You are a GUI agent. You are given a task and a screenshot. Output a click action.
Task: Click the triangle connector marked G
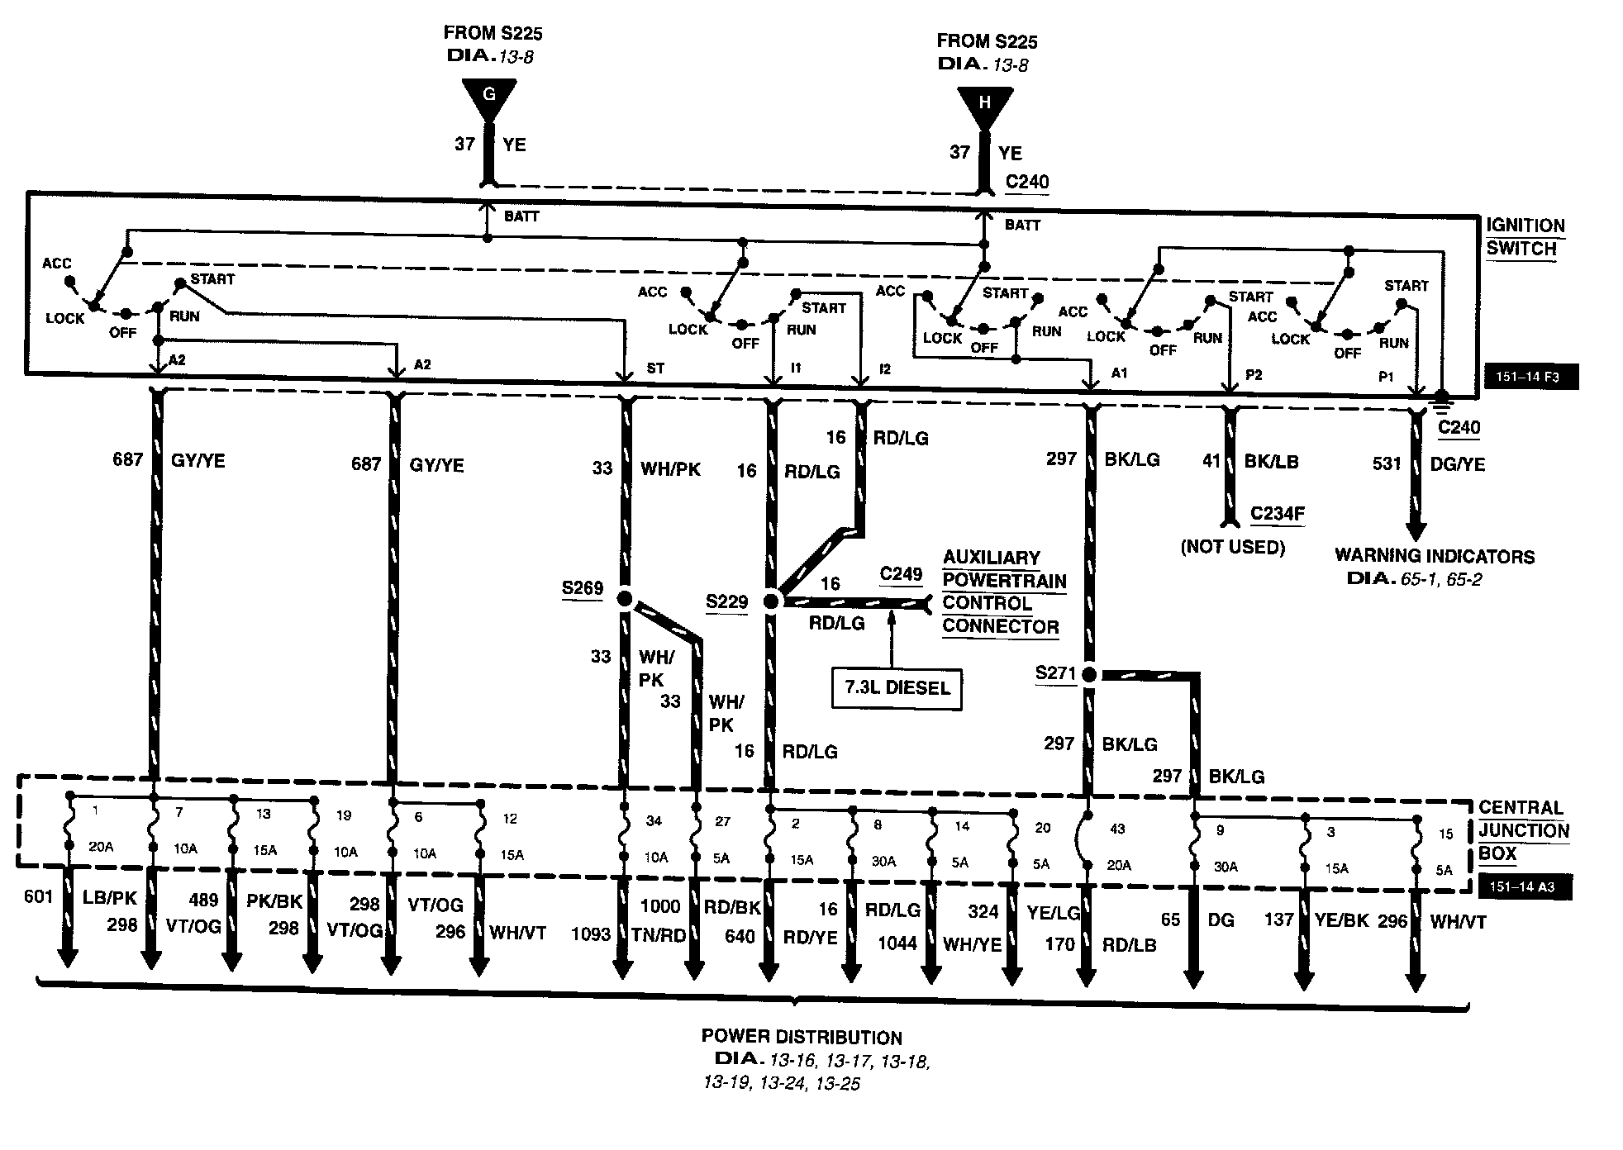tap(488, 97)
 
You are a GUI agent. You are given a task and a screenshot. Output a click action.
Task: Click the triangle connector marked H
tap(983, 105)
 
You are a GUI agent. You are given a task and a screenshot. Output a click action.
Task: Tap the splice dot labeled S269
tap(625, 598)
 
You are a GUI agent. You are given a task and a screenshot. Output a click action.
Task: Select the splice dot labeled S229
tap(771, 601)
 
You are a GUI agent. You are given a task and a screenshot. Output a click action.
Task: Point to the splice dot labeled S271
tap(1088, 675)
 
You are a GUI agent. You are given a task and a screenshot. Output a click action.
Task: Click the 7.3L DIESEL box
tap(897, 688)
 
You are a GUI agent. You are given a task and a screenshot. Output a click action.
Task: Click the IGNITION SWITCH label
tap(1525, 237)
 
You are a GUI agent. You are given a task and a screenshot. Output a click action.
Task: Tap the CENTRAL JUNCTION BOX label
tap(1523, 830)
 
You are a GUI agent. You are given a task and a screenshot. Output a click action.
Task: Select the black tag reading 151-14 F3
tap(1531, 377)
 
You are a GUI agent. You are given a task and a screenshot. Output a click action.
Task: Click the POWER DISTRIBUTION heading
tap(802, 1038)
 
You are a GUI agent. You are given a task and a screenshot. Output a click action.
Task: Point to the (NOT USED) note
tap(1233, 547)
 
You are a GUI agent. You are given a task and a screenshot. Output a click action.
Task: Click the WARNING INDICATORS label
tap(1435, 556)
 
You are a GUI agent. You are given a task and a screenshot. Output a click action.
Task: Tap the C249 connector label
tap(901, 574)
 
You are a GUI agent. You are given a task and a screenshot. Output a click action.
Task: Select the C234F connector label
tap(1278, 514)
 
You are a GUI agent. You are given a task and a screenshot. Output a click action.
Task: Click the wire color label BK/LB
tap(1271, 462)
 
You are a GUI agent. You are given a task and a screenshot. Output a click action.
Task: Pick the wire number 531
tap(1387, 464)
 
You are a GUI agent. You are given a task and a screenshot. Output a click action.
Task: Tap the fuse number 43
tap(1117, 829)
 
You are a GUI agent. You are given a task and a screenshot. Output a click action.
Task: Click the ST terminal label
tap(655, 368)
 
